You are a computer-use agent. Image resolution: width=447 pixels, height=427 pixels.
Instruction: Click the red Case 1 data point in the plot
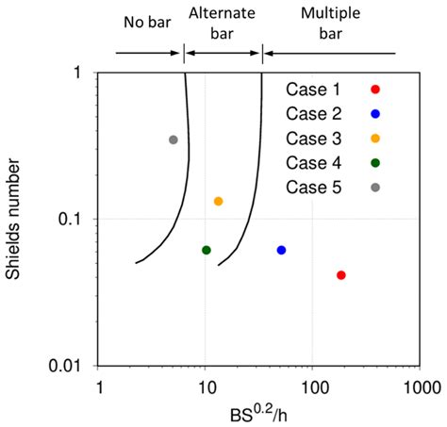(340, 275)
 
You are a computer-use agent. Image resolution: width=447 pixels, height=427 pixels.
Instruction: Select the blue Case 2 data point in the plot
(281, 250)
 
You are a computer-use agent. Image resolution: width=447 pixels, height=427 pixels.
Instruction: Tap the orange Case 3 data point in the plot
(218, 201)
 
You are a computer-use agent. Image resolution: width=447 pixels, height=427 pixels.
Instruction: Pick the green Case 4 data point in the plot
(207, 250)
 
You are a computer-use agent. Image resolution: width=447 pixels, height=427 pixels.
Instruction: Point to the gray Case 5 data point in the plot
(173, 140)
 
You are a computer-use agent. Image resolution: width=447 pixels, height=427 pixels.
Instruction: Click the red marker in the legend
(375, 90)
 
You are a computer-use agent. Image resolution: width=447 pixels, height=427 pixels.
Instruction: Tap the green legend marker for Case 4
(375, 163)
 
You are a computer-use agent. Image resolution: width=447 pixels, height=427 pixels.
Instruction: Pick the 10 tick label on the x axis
(206, 386)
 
